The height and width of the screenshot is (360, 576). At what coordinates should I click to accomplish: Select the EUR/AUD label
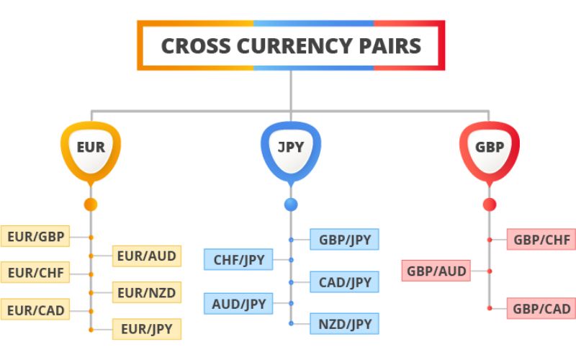tap(145, 255)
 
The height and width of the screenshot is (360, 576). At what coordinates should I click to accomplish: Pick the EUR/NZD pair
tap(145, 292)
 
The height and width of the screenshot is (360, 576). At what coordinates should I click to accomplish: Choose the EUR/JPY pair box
tap(145, 329)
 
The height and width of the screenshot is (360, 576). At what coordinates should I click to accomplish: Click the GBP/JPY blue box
tap(343, 239)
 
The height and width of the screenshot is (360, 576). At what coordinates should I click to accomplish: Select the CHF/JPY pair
tap(238, 259)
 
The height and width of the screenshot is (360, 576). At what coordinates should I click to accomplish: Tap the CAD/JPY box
tap(343, 282)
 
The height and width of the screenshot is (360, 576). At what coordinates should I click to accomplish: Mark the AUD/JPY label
tap(238, 303)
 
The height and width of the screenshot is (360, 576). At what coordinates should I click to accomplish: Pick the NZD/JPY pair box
tap(343, 323)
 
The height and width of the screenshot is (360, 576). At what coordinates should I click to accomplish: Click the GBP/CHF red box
tap(541, 239)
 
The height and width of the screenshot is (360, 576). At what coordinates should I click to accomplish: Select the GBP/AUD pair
tap(436, 271)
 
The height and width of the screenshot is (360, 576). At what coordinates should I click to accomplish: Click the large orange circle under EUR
tap(91, 204)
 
